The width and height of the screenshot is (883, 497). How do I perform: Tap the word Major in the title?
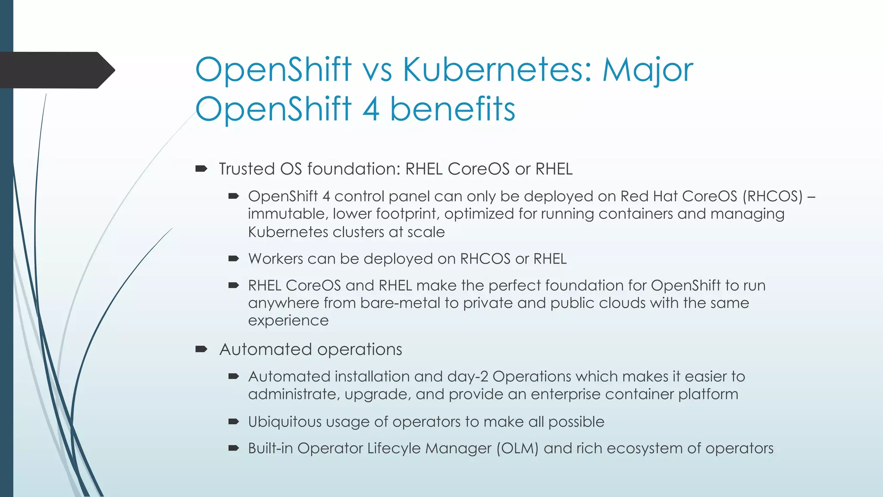point(648,70)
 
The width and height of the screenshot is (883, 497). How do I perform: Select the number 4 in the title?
point(371,109)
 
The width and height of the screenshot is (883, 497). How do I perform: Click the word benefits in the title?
point(453,109)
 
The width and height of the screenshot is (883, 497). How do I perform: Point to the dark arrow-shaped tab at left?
point(56,70)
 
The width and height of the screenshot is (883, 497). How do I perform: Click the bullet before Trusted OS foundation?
point(201,169)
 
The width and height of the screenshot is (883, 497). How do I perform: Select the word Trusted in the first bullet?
point(247,169)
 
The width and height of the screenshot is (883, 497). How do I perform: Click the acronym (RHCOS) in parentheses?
point(772,196)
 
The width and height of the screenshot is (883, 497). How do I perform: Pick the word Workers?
point(276,259)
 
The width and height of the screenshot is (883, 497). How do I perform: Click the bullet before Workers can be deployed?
point(234,259)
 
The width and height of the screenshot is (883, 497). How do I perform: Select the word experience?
point(288,321)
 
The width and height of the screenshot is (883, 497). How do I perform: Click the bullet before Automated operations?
point(201,349)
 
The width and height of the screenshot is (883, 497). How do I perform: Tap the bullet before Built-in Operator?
point(234,448)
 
